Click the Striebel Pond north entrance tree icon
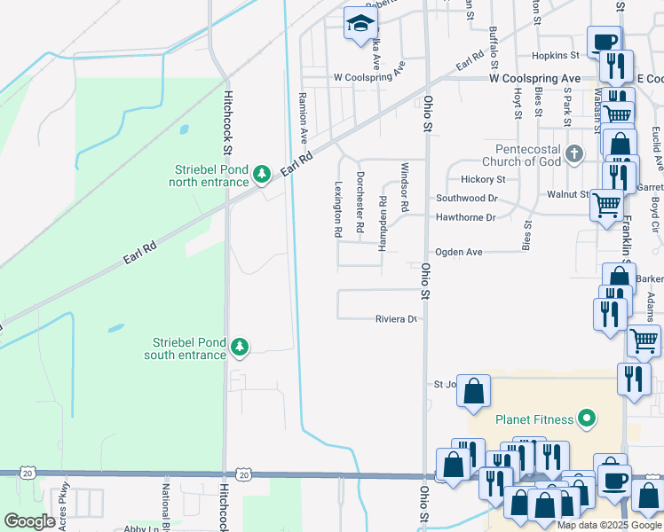[x=261, y=174]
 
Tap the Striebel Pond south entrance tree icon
[x=239, y=347]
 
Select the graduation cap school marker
[x=360, y=26]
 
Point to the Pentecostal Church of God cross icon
[x=574, y=154]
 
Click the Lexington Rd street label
[x=338, y=210]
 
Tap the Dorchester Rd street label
[x=360, y=202]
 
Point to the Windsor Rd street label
[x=404, y=187]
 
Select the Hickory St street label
[x=482, y=179]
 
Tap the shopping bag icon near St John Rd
[x=474, y=389]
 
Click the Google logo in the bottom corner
[x=29, y=520]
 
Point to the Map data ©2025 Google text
[x=609, y=525]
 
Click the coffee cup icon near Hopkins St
[x=604, y=42]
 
